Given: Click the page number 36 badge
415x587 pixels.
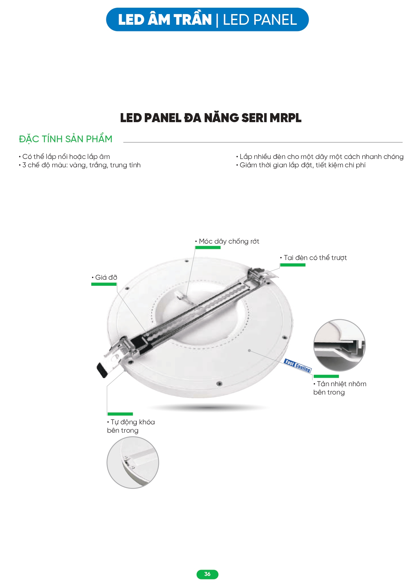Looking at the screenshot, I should pyautogui.click(x=207, y=574).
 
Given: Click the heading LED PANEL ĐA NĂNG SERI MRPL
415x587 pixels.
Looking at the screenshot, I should pyautogui.click(x=211, y=118).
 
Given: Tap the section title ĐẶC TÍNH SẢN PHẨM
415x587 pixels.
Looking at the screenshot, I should pyautogui.click(x=66, y=139).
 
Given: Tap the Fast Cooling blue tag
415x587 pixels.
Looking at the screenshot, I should pyautogui.click(x=298, y=365).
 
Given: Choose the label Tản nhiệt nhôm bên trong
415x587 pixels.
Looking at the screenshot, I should pyautogui.click(x=339, y=388).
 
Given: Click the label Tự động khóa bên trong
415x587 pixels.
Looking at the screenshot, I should pyautogui.click(x=131, y=426).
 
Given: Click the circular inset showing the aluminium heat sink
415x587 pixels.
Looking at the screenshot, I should pyautogui.click(x=339, y=345).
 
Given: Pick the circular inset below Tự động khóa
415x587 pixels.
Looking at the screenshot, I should pyautogui.click(x=133, y=462).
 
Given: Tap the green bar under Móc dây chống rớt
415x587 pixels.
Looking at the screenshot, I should pyautogui.click(x=208, y=248).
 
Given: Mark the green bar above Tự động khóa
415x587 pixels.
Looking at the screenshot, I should pyautogui.click(x=120, y=414).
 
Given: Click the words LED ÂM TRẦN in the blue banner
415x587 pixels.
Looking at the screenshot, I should pyautogui.click(x=165, y=20).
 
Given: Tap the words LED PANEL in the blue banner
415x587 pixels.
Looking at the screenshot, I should pyautogui.click(x=260, y=20).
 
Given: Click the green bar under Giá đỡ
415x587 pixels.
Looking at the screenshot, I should pyautogui.click(x=104, y=284).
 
